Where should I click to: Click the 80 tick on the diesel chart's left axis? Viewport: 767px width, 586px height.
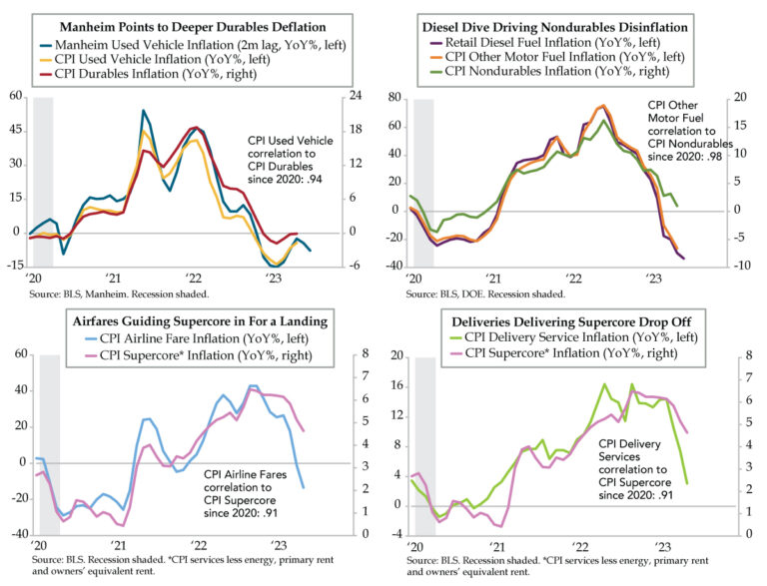(392, 98)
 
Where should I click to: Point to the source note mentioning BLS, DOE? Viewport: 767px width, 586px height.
(485, 295)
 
